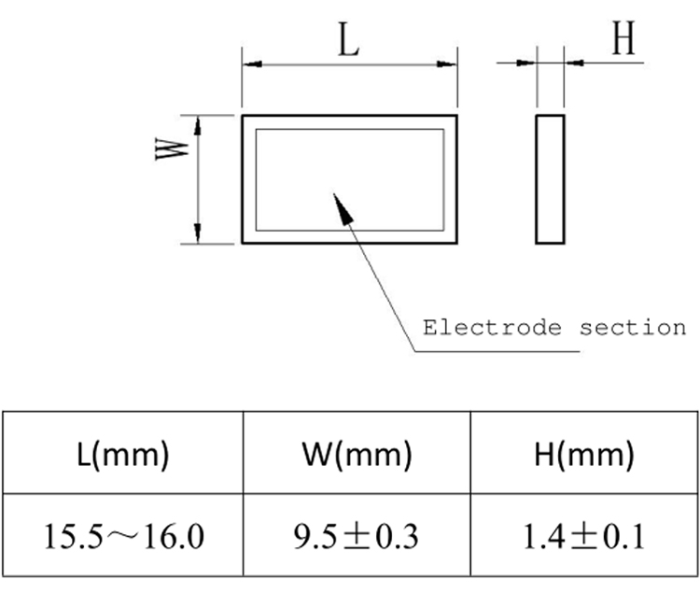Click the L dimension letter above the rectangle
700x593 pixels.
(349, 42)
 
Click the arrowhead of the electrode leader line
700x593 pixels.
(341, 205)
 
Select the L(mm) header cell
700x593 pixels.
(124, 455)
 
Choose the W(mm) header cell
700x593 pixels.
(357, 455)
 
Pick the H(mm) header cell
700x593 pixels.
(585, 455)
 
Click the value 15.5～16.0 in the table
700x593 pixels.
(124, 536)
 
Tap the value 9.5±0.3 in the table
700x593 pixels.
(357, 536)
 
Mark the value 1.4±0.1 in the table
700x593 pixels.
(585, 536)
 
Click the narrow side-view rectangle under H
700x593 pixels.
(551, 178)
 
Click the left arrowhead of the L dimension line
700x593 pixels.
(250, 64)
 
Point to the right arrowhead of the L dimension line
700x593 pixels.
(449, 64)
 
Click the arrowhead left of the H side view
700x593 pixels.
(529, 63)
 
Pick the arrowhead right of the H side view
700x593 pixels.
(573, 63)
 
